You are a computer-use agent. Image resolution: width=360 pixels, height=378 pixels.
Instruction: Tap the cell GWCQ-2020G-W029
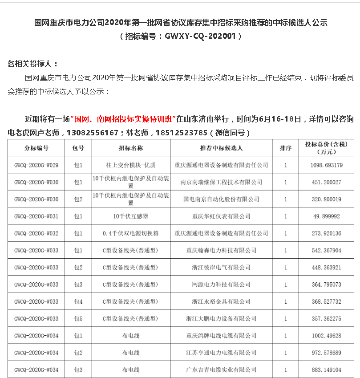click(36, 165)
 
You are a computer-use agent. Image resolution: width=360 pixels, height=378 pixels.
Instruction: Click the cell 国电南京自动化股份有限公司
click(221, 199)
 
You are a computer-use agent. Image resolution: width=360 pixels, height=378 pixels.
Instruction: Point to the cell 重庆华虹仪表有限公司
click(221, 216)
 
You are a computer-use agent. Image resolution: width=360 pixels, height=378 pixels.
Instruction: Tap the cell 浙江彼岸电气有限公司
click(221, 268)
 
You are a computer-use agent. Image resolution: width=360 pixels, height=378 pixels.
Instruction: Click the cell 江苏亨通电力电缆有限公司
click(221, 353)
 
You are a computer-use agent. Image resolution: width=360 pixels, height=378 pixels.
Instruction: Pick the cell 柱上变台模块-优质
click(131, 165)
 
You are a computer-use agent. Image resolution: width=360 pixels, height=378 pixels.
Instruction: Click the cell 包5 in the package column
click(78, 319)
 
